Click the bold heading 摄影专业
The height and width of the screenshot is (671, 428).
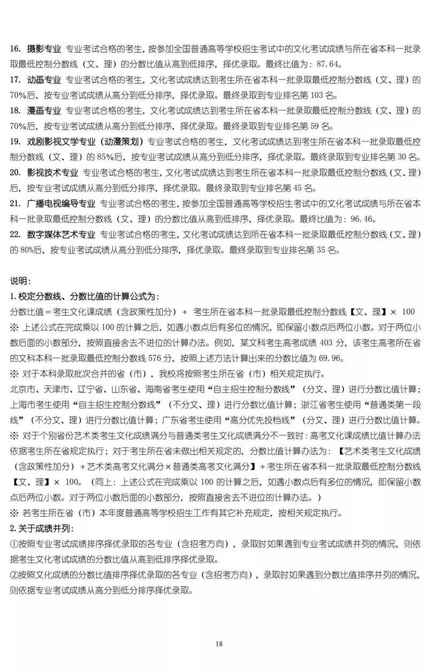[44, 49]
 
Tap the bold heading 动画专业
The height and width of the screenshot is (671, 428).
[44, 80]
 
